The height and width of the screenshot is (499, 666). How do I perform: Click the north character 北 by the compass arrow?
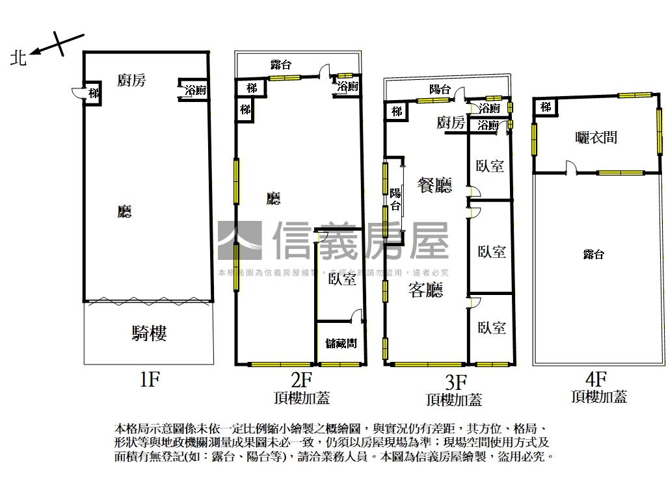point(18,58)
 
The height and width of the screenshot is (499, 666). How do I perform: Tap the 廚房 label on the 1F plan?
point(131,80)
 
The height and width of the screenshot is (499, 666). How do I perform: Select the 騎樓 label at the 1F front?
point(149,333)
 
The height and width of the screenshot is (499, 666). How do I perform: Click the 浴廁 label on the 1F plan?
point(195,90)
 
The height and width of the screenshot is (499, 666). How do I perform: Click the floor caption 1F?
point(150,379)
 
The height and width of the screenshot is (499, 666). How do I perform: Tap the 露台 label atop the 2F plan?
point(280,64)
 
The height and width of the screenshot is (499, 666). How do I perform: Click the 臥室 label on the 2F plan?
point(342,279)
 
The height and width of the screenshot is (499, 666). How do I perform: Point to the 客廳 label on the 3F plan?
point(425,290)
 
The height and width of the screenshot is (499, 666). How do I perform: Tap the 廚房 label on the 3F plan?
point(451,123)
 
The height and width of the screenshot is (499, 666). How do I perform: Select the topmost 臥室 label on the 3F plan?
point(490,166)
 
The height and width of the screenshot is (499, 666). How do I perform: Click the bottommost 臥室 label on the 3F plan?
point(491,327)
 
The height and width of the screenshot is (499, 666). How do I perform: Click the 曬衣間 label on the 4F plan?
point(596,137)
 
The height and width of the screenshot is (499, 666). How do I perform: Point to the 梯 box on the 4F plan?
point(546,107)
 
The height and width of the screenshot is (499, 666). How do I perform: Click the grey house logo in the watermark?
point(239,240)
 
